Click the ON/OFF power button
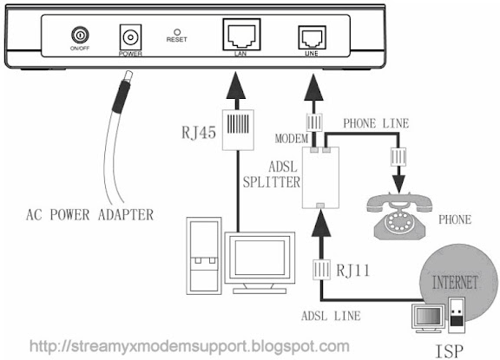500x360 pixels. (80, 35)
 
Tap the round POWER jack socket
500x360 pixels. (130, 37)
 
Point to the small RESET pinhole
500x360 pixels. (177, 32)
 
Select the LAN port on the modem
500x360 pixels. (241, 35)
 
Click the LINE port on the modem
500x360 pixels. (312, 37)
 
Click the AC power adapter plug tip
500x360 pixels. (128, 75)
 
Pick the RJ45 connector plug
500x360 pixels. (238, 129)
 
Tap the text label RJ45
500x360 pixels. (199, 132)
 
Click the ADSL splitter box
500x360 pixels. (320, 178)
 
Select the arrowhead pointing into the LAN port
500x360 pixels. (236, 85)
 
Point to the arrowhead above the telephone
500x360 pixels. (398, 184)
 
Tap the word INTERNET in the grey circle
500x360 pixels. (455, 283)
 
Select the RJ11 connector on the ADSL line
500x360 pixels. (321, 270)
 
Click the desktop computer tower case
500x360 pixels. (204, 256)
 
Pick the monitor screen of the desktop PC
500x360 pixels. (260, 258)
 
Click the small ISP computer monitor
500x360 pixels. (428, 317)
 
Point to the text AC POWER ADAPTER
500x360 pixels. (90, 215)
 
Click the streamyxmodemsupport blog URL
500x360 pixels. (189, 346)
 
